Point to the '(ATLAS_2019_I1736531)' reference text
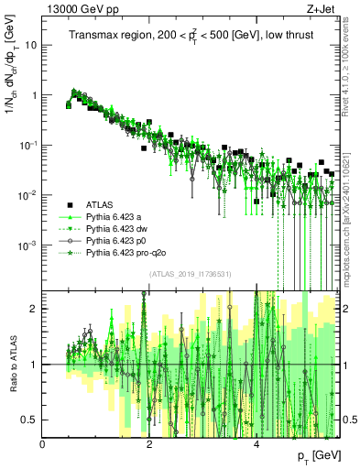point(190,275)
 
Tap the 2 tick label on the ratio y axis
point(35,309)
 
